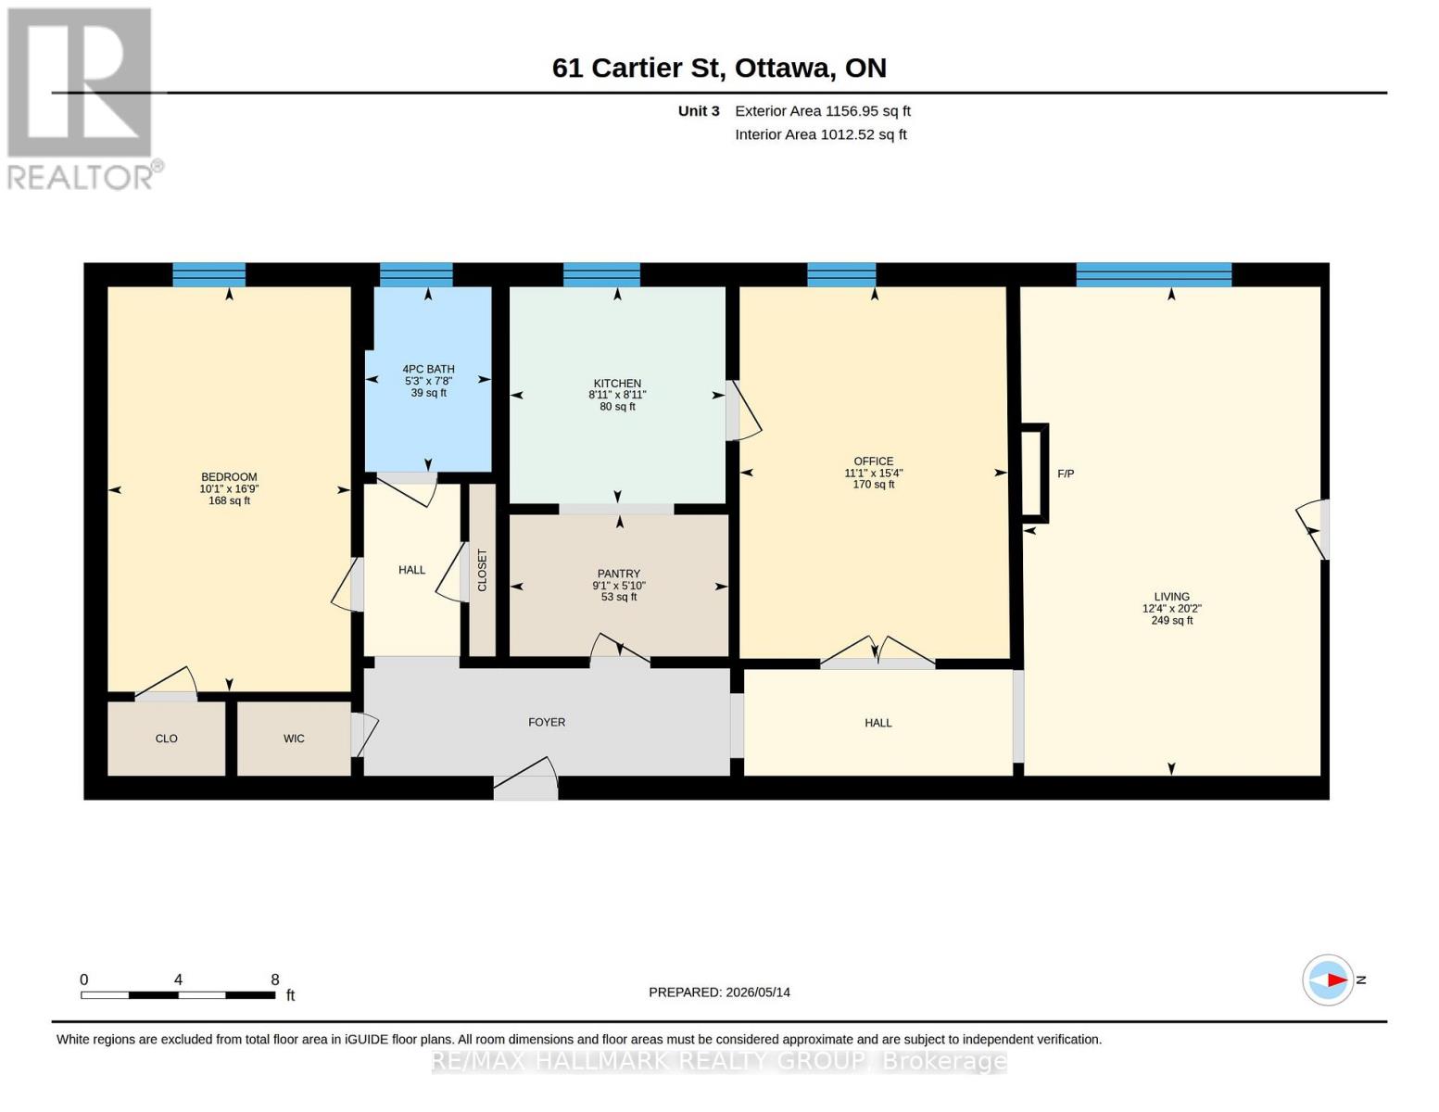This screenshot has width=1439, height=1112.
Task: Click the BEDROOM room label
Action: (229, 477)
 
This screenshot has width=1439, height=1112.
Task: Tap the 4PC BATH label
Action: (428, 369)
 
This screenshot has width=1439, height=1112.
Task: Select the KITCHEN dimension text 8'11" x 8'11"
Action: (617, 395)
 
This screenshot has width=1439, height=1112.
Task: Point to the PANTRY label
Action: (619, 574)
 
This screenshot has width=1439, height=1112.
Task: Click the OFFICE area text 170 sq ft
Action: (874, 484)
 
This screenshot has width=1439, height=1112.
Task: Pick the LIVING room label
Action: (1171, 597)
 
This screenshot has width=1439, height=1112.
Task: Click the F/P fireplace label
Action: (1066, 474)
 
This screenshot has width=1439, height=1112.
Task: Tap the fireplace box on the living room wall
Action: (1035, 473)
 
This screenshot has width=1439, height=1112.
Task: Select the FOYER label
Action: (547, 722)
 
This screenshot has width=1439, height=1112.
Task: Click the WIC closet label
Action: (294, 739)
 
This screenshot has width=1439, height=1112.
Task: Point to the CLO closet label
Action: (166, 739)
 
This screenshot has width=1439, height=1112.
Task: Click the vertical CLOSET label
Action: (482, 570)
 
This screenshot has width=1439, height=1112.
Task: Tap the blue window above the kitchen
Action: (601, 275)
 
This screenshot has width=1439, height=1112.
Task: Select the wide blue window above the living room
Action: (1154, 275)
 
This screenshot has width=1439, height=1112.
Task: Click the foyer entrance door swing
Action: (525, 778)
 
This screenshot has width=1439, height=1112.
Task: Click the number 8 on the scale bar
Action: (275, 979)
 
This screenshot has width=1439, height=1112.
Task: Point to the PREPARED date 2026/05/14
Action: (758, 992)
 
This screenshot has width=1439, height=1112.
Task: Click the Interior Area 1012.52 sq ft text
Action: (820, 134)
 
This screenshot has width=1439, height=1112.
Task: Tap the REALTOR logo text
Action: (80, 177)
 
